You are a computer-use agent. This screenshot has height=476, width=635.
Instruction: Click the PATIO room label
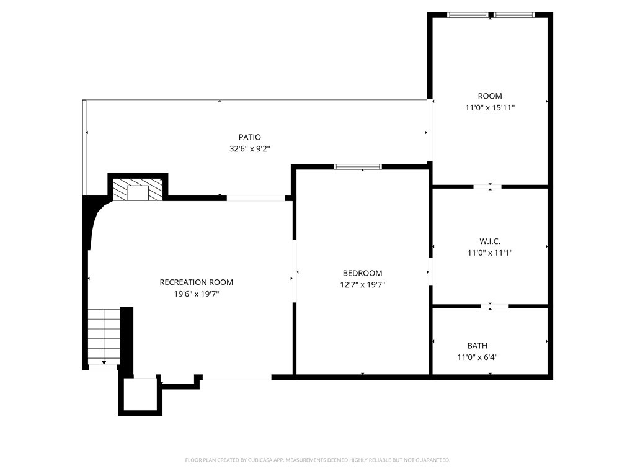249,137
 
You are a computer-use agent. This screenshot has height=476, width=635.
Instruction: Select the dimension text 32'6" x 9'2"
249,149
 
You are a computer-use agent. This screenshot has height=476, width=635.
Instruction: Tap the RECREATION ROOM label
196,282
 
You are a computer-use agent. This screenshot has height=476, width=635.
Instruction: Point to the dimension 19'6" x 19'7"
196,294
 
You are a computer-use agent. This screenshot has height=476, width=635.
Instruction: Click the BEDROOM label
362,273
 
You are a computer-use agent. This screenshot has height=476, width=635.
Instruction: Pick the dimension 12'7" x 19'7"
362,285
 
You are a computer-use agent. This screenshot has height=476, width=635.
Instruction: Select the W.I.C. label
490,241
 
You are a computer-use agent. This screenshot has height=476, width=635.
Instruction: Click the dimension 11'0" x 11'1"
490,253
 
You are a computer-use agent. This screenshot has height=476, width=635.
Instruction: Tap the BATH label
477,346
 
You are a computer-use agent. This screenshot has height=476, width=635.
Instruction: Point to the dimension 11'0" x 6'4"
477,357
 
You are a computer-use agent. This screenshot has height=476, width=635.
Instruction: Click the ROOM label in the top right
490,96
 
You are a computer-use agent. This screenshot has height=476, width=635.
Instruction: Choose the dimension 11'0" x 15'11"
490,108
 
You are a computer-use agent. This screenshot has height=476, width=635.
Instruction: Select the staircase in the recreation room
104,336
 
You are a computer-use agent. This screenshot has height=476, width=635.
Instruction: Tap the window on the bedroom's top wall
358,166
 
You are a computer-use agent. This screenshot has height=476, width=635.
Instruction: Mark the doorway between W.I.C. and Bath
494,305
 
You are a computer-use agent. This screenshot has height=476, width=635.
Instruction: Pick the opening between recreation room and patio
255,198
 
